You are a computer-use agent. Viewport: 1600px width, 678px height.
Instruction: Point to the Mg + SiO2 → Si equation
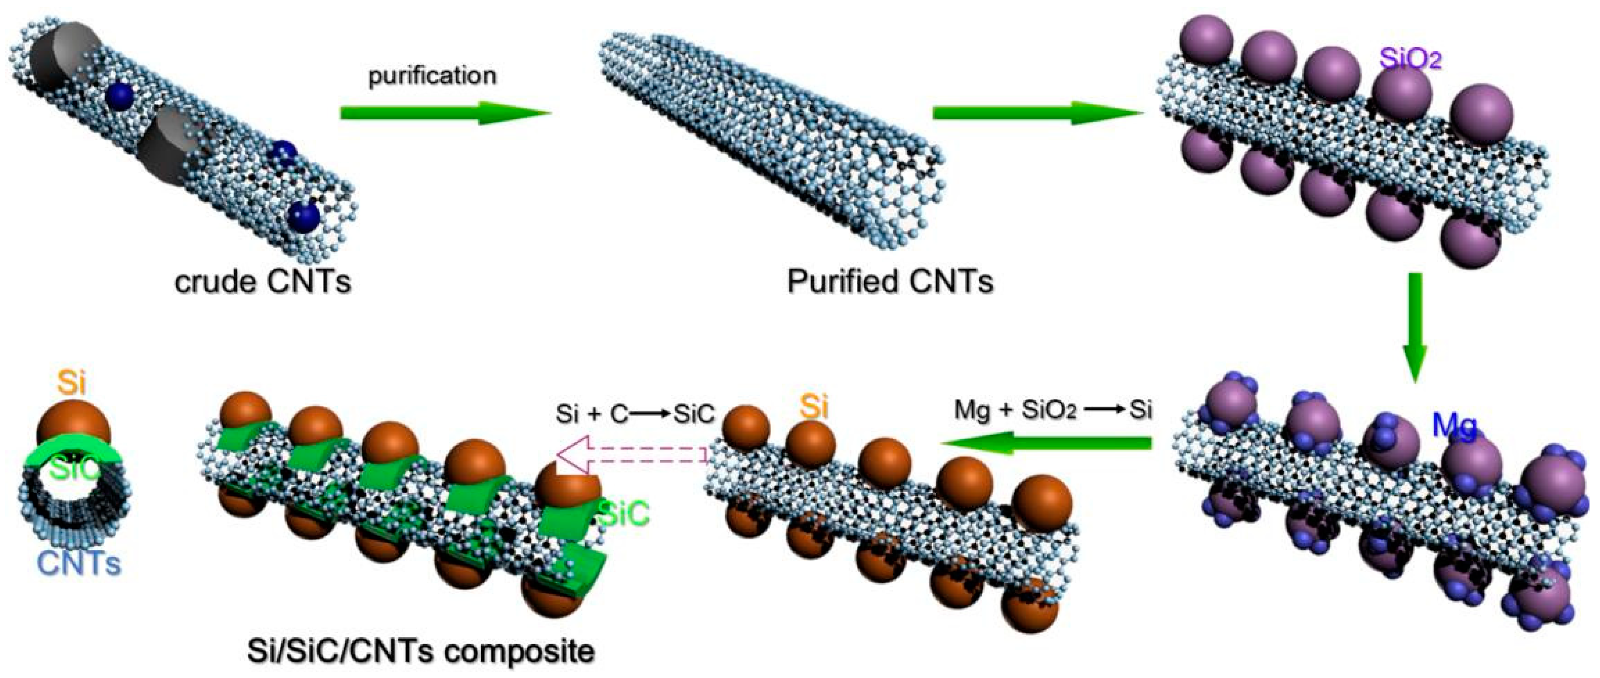(1053, 411)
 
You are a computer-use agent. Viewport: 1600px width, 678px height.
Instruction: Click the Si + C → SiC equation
(635, 414)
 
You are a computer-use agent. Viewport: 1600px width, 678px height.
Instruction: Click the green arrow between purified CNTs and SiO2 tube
(1037, 113)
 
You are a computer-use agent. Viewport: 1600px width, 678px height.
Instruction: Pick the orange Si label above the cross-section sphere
(72, 383)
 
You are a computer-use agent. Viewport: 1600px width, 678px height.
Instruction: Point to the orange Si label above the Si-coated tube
(814, 408)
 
